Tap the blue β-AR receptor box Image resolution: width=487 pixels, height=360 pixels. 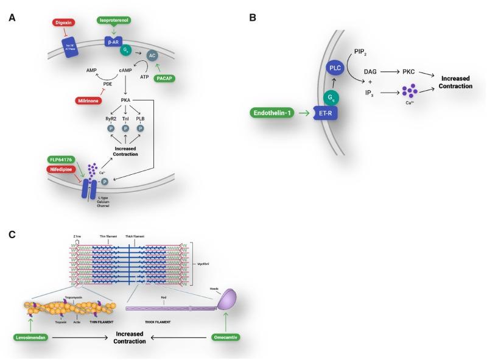[x=114, y=43]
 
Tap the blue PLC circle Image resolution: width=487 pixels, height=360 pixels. [x=335, y=68]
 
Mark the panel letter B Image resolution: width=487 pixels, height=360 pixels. [x=252, y=18]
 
